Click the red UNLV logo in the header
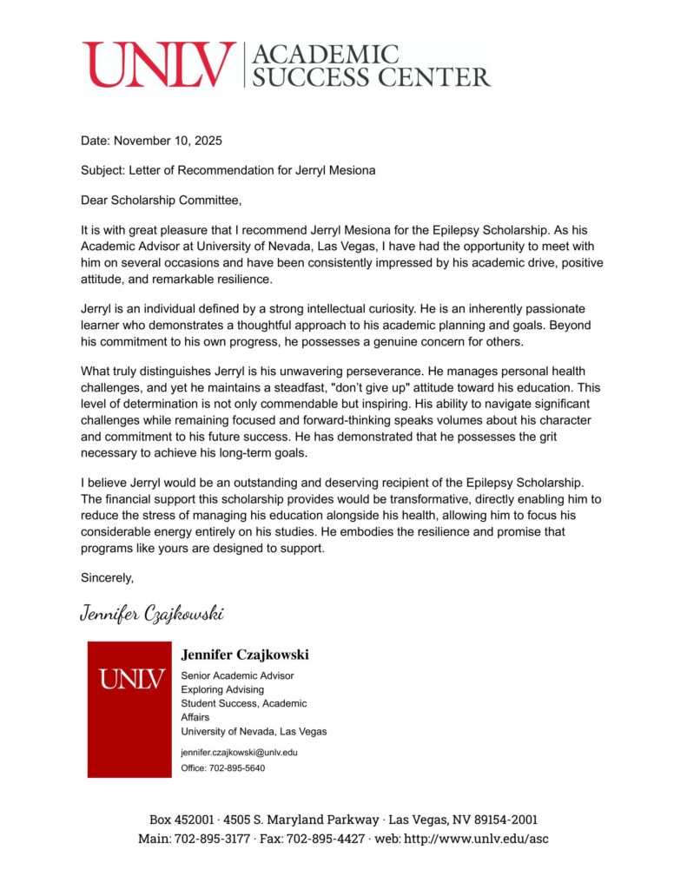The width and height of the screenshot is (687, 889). [x=159, y=64]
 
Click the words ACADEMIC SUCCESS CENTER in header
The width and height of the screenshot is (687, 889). [x=370, y=65]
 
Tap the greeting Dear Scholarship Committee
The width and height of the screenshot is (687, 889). [x=161, y=201]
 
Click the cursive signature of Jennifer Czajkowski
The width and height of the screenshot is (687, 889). [x=152, y=614]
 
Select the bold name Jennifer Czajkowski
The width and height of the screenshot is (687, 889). [x=244, y=655]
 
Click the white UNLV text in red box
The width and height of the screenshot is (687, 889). [x=130, y=679]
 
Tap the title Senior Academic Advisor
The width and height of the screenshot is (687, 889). [x=237, y=675]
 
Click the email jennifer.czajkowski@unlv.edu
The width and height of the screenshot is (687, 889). [x=239, y=752]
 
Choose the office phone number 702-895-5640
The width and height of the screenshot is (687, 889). [x=235, y=768]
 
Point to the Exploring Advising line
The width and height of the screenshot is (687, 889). [x=222, y=689]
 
